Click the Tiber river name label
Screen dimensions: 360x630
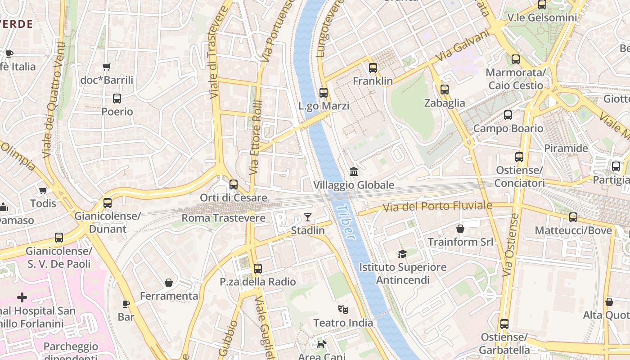click(345, 222)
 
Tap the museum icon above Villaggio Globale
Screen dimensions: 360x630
click(354, 172)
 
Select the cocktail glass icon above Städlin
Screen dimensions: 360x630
click(308, 218)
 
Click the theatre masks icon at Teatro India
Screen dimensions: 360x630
click(343, 310)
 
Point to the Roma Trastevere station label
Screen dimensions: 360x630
click(223, 218)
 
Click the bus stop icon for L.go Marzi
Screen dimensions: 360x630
click(324, 93)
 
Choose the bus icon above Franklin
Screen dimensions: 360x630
click(373, 68)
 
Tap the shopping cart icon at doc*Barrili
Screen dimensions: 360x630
click(107, 67)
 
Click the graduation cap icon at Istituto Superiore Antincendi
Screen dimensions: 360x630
click(402, 254)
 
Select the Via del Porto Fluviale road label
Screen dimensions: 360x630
click(437, 207)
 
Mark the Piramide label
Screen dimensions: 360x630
click(566, 148)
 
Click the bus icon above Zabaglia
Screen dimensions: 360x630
click(445, 90)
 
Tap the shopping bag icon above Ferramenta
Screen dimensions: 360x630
click(169, 283)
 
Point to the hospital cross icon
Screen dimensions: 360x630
click(22, 297)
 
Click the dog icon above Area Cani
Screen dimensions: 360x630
click(321, 345)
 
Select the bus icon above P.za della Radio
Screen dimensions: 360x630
click(258, 269)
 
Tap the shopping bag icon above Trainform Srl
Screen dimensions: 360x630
click(460, 229)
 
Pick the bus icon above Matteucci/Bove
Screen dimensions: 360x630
click(573, 217)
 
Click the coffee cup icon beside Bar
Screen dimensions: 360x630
click(126, 304)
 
